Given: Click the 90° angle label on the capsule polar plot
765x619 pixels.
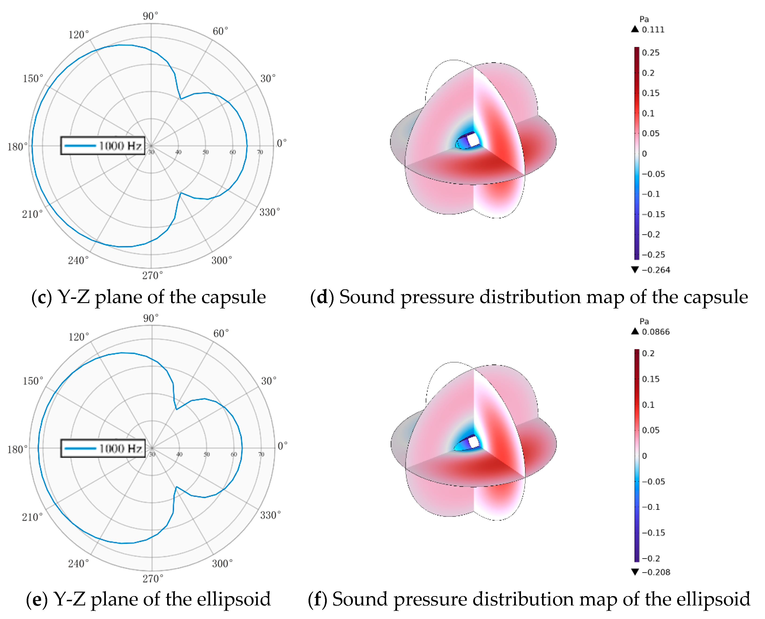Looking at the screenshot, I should coord(150,16).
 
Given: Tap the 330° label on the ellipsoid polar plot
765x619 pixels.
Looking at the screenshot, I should coord(270,515).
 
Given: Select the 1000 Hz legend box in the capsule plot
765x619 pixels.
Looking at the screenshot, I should coord(103,146).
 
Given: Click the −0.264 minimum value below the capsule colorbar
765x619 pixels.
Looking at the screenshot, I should coord(656,270).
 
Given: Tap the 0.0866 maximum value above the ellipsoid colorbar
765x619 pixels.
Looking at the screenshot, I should coord(656,332).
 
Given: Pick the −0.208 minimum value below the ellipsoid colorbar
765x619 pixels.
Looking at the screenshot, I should coord(656,572).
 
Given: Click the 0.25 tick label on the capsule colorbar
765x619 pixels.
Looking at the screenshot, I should coord(650,53).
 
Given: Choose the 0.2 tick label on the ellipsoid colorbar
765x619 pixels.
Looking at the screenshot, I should coord(648,353).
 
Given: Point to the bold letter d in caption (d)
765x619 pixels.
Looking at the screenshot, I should coord(322,297).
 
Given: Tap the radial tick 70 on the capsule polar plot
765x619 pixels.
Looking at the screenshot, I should coord(260,152).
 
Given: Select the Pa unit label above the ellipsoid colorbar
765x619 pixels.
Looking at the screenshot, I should coord(644,321).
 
